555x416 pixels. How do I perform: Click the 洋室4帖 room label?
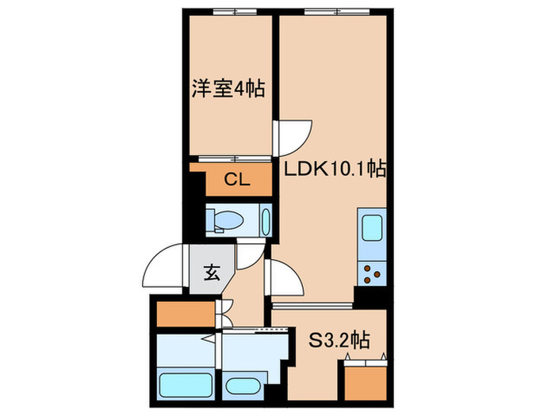[228, 88]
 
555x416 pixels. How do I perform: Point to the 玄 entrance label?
[212, 273]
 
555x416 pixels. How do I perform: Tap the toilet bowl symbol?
[229, 219]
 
